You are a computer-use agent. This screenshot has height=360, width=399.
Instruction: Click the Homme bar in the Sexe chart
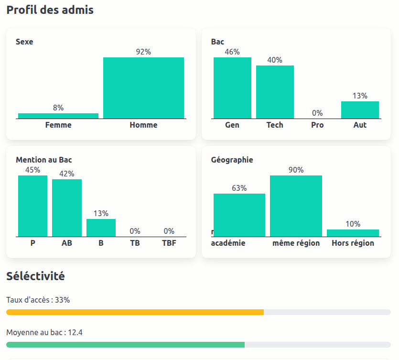pos(143,88)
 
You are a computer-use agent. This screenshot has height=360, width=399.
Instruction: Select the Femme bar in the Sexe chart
pos(58,116)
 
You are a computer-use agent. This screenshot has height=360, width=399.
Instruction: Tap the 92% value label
pos(143,52)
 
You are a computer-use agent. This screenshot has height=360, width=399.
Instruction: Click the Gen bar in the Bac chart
pos(232,88)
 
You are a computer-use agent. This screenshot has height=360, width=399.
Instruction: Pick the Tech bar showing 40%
pos(275,92)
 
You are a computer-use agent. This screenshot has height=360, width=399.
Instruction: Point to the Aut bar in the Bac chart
pos(360,110)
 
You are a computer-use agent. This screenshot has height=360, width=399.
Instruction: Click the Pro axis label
pos(317,125)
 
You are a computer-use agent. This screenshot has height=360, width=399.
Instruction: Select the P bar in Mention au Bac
pos(33,206)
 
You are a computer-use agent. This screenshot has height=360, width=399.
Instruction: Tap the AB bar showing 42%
pos(67,208)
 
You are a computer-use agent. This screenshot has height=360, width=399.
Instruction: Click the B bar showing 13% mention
pos(101,228)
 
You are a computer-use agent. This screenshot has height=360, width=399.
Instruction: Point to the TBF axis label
pos(169,243)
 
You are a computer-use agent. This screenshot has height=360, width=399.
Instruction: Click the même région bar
pos(296,206)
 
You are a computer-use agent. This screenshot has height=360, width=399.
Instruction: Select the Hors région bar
pos(353,233)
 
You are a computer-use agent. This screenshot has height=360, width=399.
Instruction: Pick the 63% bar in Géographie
pos(239,215)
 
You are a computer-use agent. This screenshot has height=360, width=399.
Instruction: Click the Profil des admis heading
pos(50,10)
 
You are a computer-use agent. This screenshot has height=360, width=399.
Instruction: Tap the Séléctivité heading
pos(35,276)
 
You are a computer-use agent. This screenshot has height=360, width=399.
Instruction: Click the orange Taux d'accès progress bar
pos(135,312)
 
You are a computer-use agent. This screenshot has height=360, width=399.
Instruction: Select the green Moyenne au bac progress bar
pos(125,345)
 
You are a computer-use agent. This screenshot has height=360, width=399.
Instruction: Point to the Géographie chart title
pos(232,160)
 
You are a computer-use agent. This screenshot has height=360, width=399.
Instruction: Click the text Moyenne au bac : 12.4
pos(44,332)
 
